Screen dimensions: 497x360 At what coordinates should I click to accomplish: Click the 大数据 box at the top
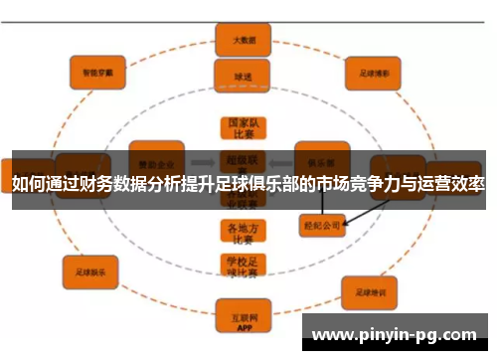(244, 40)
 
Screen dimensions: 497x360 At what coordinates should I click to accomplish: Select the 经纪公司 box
(321, 226)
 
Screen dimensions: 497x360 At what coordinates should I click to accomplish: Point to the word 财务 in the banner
(130, 185)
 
